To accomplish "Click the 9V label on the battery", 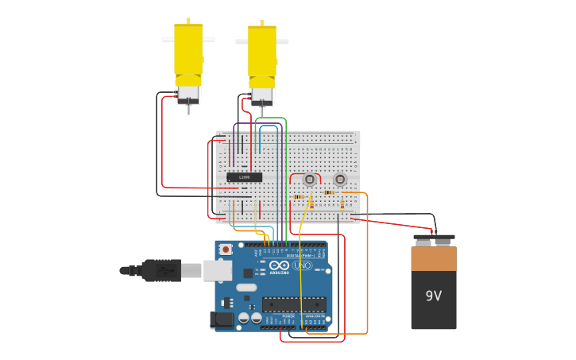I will [x=433, y=296].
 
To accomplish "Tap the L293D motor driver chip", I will [x=244, y=177].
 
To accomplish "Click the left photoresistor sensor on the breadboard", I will [x=309, y=180].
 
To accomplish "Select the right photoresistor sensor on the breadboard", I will [x=340, y=180].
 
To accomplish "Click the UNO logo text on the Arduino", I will [x=302, y=265].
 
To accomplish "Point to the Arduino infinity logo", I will [x=279, y=265].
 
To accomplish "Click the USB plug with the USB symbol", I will [x=163, y=271].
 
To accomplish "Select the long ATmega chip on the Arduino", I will [x=294, y=304].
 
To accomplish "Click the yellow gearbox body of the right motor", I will [x=261, y=52].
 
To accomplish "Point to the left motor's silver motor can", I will [x=188, y=94].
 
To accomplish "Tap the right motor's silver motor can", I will [x=261, y=96].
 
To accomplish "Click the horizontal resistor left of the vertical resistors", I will [x=299, y=196].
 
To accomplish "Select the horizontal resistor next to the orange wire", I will [x=329, y=192].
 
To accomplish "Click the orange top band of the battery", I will [x=434, y=257].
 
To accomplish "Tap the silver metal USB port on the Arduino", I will [x=217, y=271].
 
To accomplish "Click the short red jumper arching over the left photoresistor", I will [x=305, y=174].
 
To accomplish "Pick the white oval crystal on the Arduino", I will [x=246, y=287].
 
